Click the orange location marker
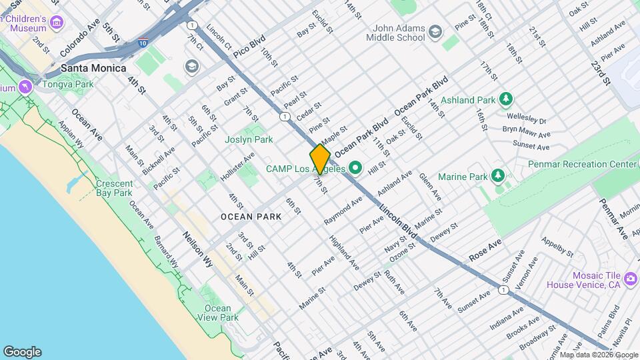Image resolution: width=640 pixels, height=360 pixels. (x=320, y=159)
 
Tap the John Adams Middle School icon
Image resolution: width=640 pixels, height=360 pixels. (x=435, y=31)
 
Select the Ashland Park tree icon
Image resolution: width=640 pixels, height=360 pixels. (x=506, y=100)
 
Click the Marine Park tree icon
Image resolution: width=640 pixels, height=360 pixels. (x=497, y=176)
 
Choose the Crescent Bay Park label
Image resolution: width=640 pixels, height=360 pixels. (x=114, y=188)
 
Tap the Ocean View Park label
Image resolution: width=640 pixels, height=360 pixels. (x=217, y=313)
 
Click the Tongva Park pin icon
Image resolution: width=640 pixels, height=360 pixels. (x=25, y=87)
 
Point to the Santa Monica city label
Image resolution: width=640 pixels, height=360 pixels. (x=93, y=68)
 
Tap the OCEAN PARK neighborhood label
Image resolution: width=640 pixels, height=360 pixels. (x=251, y=217)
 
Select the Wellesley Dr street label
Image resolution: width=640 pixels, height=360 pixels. (x=524, y=121)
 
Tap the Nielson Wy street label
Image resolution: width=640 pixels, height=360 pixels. (x=198, y=249)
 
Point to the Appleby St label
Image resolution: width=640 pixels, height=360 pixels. (x=557, y=247)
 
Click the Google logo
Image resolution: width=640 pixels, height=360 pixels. (x=22, y=352)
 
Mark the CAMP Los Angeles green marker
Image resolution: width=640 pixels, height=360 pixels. (x=355, y=168)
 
